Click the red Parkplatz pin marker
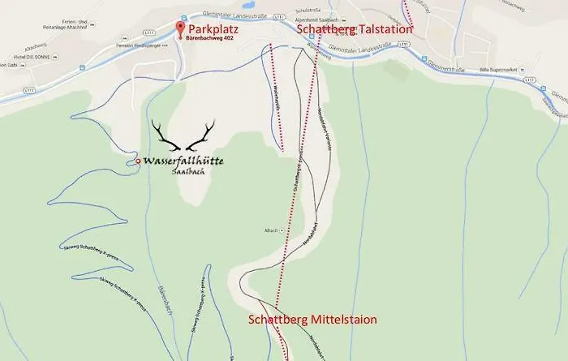pos(181,30)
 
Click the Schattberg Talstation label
pos(355,29)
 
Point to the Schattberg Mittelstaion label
pos(312,320)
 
